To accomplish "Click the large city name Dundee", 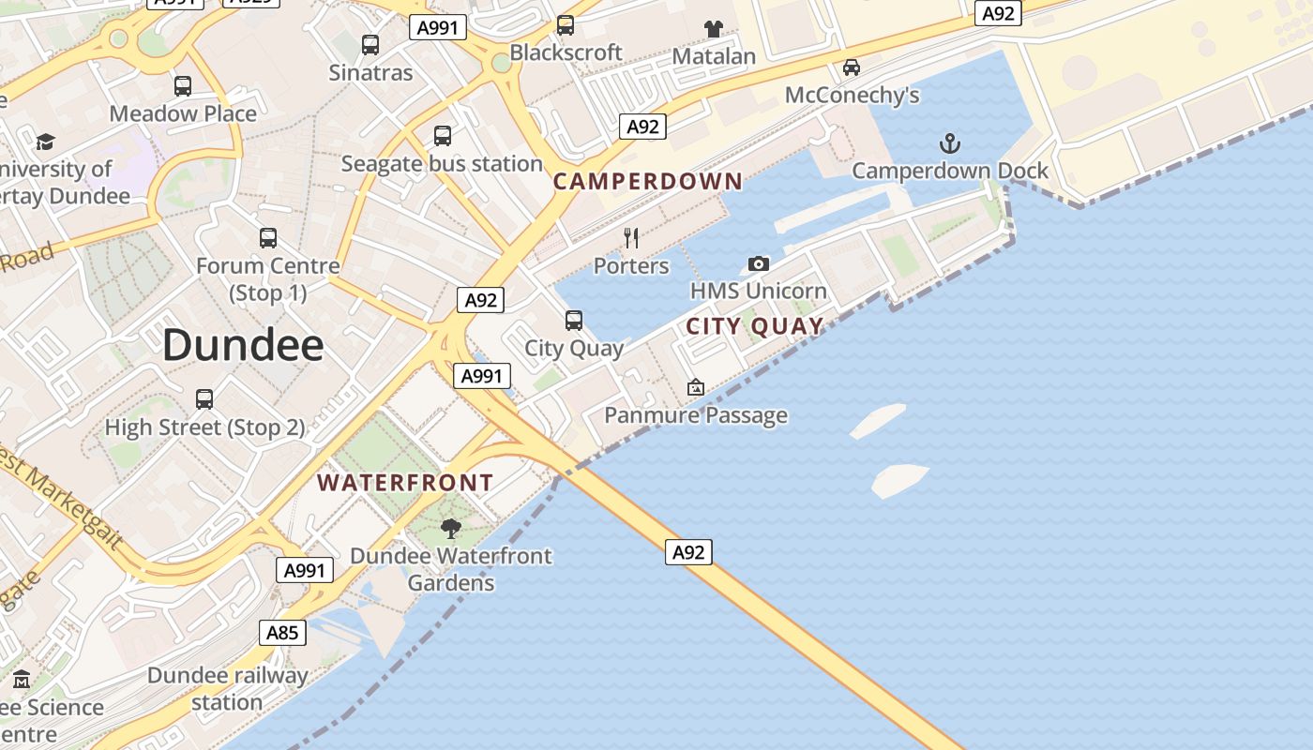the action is [243, 346].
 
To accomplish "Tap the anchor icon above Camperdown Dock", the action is [950, 143].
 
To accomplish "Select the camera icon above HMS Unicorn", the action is [759, 264].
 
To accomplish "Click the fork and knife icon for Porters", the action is [631, 238].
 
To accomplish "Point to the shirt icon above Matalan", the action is [714, 29].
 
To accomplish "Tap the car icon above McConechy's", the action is [852, 67].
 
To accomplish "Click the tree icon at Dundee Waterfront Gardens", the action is [451, 528].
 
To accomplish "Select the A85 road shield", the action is [282, 633].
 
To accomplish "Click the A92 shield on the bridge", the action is [688, 552].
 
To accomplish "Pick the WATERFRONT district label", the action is [405, 483].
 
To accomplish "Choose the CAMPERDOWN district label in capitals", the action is [648, 182].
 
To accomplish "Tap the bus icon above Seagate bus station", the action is [443, 136].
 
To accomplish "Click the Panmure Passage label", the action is [696, 414].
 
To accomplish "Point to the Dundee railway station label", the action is [228, 688].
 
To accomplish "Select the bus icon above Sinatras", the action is [370, 44].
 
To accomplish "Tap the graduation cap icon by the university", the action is [45, 142].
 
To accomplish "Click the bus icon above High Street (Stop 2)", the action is [204, 399].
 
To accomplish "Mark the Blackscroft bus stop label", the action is [566, 52].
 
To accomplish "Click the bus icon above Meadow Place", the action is [183, 86].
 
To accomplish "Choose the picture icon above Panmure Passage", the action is [696, 387].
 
